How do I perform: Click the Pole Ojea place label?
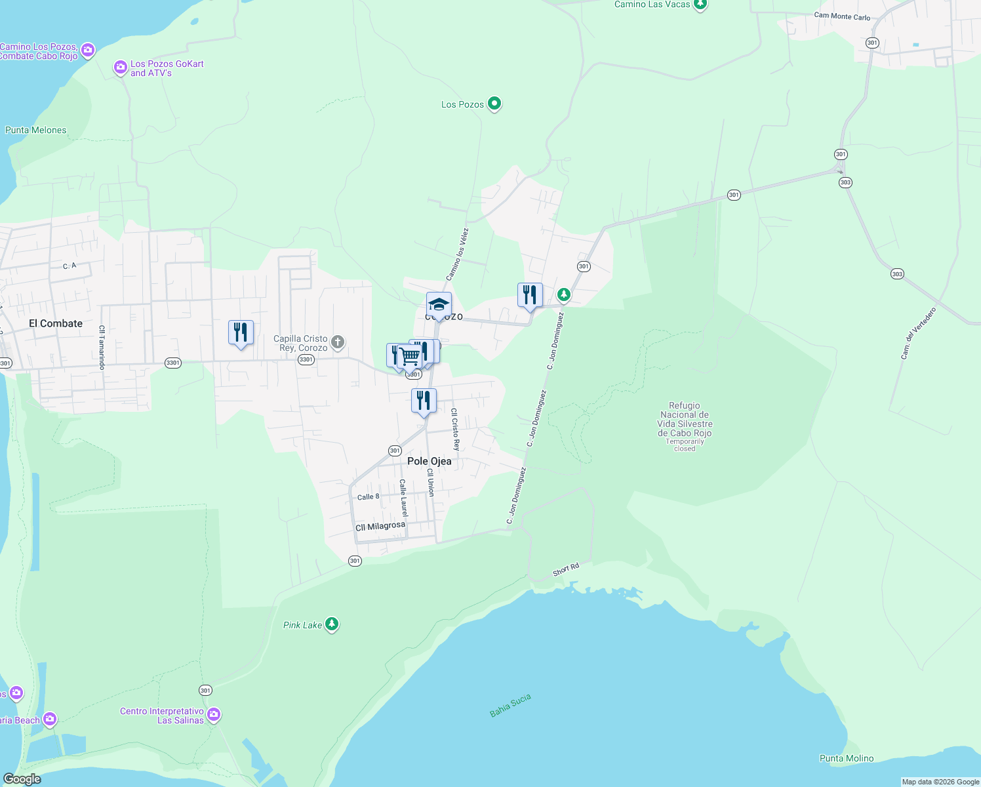(430, 461)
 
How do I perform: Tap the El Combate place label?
(56, 323)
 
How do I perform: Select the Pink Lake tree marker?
(332, 624)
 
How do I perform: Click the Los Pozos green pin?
(494, 104)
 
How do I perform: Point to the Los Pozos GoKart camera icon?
(120, 68)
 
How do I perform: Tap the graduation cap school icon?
(439, 305)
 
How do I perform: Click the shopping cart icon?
(410, 357)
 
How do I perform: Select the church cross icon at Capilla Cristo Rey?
(337, 342)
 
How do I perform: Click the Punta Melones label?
(36, 130)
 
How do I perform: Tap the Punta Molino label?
(847, 758)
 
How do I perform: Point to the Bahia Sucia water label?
(510, 706)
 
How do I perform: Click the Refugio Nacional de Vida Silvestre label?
(685, 420)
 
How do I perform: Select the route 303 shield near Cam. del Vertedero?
(897, 274)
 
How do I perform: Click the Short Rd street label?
(566, 570)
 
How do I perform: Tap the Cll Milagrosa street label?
(380, 527)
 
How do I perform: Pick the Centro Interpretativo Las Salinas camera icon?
(214, 714)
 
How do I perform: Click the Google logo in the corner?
(22, 778)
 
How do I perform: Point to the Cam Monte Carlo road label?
(842, 16)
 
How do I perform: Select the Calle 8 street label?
(368, 497)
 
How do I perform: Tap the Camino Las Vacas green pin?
(700, 5)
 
